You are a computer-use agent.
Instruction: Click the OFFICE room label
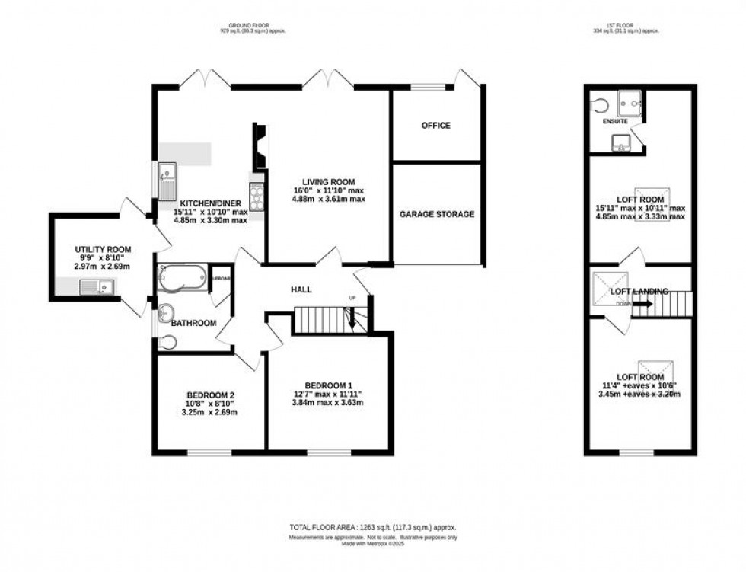coord(436,125)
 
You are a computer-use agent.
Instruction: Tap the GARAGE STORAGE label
coord(437,214)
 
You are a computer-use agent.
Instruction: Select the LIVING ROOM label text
coord(324,181)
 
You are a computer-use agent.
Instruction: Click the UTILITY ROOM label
coord(103,249)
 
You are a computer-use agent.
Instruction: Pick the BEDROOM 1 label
coord(330,385)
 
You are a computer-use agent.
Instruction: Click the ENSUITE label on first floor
coord(614,121)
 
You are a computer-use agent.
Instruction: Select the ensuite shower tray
coord(630,100)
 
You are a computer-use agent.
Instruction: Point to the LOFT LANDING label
coord(639,292)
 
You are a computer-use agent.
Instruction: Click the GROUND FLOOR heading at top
coord(252,26)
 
